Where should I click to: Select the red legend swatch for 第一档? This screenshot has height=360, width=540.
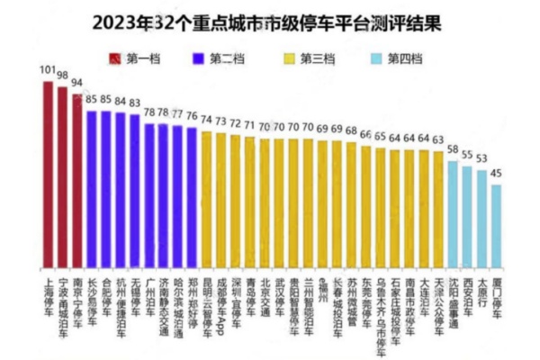click(x=114, y=59)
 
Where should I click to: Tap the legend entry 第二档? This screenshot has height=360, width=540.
click(x=225, y=59)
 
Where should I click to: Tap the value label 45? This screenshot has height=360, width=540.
click(x=496, y=175)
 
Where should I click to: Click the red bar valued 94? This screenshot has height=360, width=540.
click(x=76, y=181)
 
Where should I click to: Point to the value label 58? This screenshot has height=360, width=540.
click(x=453, y=149)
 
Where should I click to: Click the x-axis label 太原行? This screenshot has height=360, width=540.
click(x=482, y=293)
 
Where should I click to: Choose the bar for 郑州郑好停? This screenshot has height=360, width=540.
click(x=192, y=199)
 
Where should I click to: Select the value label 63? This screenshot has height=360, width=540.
click(x=437, y=140)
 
